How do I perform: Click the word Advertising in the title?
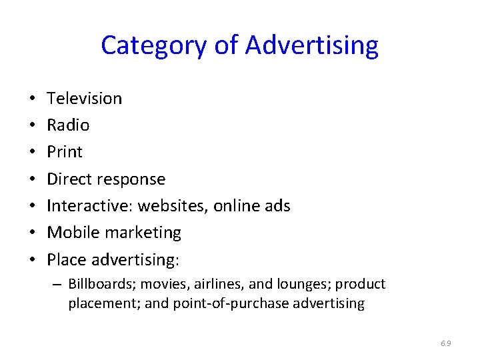[x=311, y=45]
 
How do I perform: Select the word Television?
[x=85, y=99]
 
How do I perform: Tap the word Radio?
[x=68, y=125]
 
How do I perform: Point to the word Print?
[x=65, y=152]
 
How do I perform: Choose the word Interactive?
[x=89, y=206]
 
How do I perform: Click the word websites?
[x=173, y=206]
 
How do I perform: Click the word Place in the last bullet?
[x=67, y=259]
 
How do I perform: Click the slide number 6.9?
[x=446, y=343]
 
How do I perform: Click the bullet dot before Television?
[x=33, y=99]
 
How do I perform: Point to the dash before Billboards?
[x=59, y=285]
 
